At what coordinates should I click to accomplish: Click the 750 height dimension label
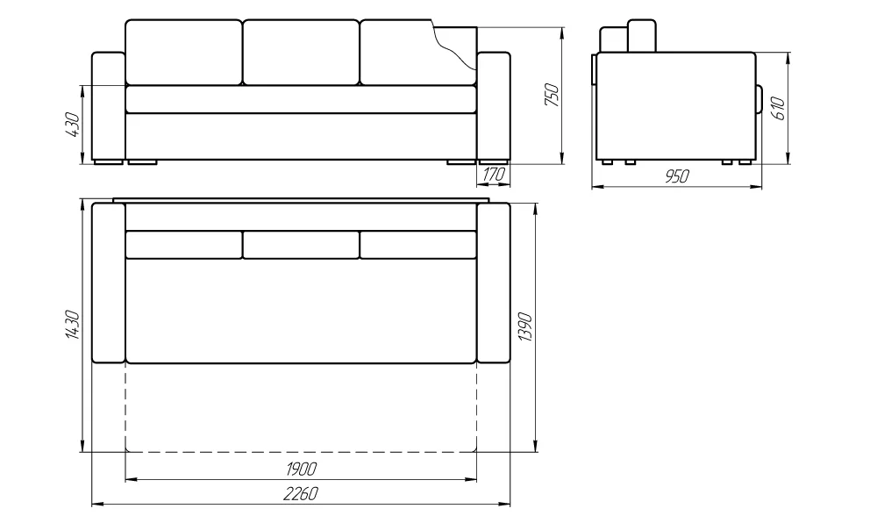(552, 95)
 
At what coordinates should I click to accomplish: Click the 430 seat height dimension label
(74, 125)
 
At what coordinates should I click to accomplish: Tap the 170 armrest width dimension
(494, 175)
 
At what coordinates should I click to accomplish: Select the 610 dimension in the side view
(779, 108)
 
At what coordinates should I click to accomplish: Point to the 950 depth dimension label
(677, 176)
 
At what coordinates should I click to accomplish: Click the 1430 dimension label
(74, 324)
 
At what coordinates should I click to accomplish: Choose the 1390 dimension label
(525, 326)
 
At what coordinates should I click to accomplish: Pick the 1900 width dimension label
(301, 469)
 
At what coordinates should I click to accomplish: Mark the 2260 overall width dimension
(301, 494)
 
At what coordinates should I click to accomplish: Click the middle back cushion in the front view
(301, 53)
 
